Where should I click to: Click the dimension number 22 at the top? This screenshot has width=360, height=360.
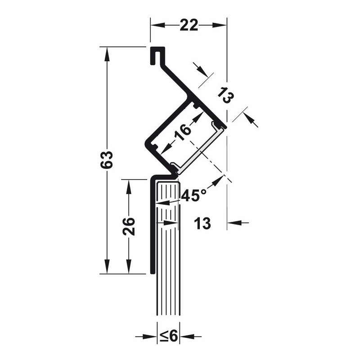coord(189,25)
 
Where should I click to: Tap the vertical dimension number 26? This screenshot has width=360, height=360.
coord(128,227)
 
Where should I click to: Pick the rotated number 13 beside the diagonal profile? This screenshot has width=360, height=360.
coord(226,95)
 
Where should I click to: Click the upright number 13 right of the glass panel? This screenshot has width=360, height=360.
coord(202,223)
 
